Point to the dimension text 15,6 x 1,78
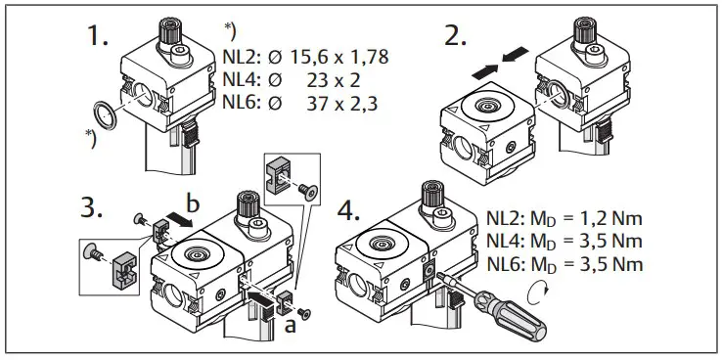click(332, 57)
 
